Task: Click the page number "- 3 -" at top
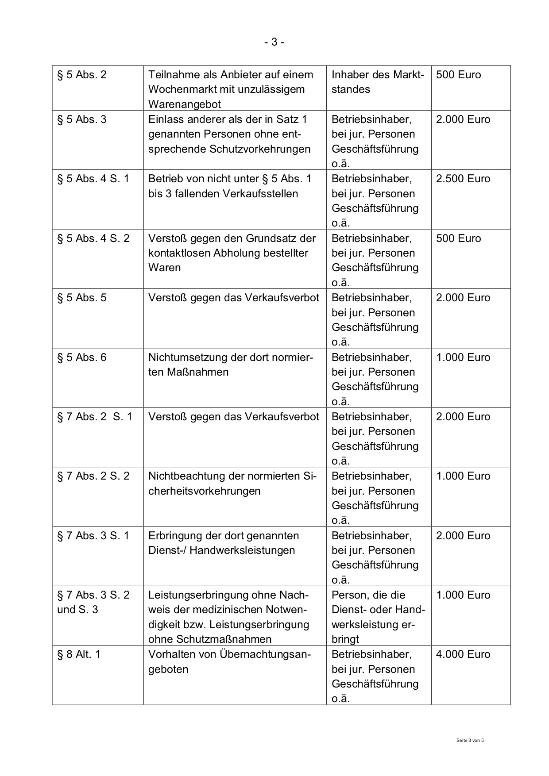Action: (274, 42)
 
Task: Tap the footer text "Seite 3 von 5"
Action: (470, 740)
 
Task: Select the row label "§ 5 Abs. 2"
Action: (82, 75)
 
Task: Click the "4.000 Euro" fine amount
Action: (463, 654)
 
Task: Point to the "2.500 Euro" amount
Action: (463, 179)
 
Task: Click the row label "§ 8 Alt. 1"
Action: (79, 654)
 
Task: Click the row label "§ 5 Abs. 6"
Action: (82, 357)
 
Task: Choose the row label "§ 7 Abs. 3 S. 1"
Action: (93, 536)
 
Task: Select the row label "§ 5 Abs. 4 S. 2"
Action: (93, 238)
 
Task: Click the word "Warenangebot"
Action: (185, 104)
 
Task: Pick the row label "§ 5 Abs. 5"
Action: (82, 298)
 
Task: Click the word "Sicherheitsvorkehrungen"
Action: (205, 491)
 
